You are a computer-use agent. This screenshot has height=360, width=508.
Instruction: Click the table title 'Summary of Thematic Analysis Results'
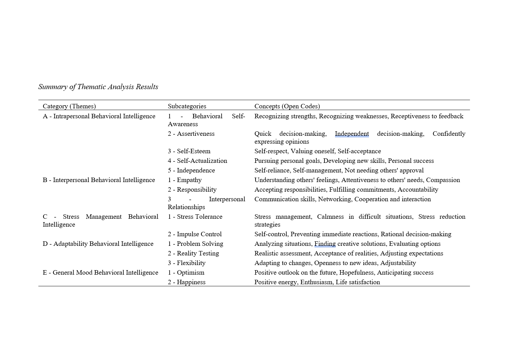coord(98,87)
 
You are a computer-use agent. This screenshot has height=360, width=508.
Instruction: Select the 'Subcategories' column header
coord(187,106)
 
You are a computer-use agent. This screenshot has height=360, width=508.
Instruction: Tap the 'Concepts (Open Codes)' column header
coord(287,106)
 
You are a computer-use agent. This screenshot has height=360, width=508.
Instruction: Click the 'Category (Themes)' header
coord(69,106)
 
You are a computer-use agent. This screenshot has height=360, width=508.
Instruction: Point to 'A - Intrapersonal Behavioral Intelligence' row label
coord(99,116)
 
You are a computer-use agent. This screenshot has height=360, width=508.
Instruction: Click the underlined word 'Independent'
coord(352,134)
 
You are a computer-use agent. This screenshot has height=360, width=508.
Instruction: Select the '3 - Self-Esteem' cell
coord(189,151)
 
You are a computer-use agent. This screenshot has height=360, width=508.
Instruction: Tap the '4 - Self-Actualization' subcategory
coord(197,161)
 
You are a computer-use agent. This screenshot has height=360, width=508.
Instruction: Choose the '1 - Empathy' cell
coord(185,180)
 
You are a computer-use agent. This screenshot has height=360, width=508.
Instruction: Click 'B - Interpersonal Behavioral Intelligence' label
coord(99,180)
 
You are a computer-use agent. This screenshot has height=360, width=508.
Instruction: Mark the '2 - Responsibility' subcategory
coord(192,190)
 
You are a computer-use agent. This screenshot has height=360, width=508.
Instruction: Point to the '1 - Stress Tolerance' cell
coord(195,217)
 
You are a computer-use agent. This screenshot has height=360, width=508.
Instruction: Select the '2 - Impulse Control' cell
coord(195,234)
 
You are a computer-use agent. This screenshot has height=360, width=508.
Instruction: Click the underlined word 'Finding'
coord(325,244)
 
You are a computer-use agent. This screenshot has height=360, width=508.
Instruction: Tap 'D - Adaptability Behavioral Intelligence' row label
coord(98,244)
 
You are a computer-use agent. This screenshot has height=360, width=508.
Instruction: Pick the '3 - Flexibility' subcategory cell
coord(187,263)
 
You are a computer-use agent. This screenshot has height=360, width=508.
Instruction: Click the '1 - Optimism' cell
coord(186,273)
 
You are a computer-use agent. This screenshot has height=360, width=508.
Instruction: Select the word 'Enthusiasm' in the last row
coord(316,282)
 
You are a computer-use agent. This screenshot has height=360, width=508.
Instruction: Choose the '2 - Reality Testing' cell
coord(193,253)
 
